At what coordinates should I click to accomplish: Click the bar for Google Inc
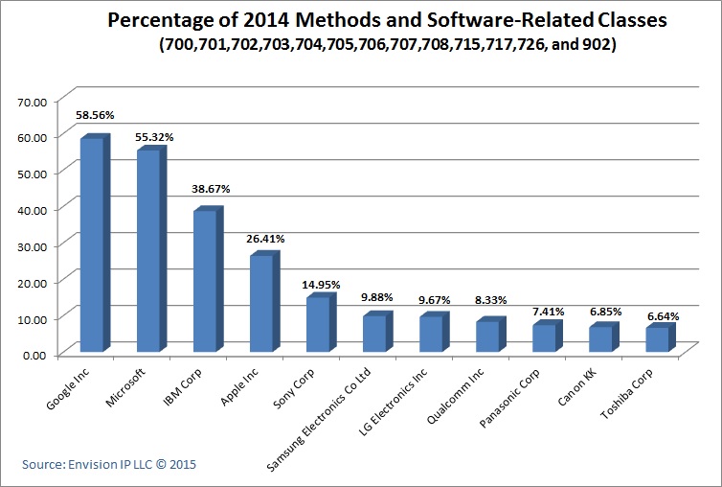tap(93, 245)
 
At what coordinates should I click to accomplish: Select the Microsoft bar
tap(149, 251)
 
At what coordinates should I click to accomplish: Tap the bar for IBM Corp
tap(206, 281)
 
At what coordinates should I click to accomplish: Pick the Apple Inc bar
tap(262, 303)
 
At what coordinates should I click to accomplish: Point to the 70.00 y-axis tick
tap(33, 100)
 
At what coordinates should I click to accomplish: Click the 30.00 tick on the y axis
tap(33, 245)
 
